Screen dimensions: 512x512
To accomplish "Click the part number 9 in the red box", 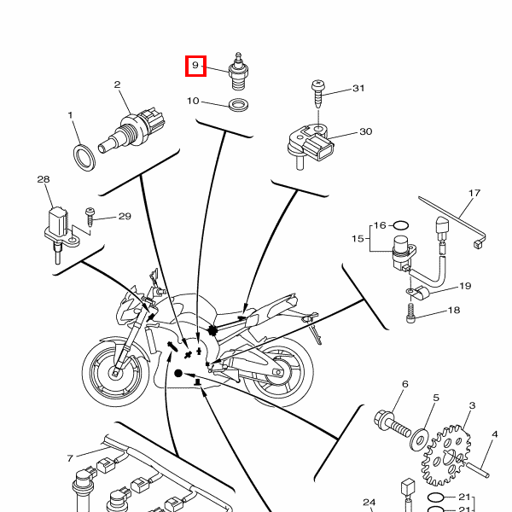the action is click(x=195, y=66).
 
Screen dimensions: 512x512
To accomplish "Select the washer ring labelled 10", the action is click(x=238, y=104).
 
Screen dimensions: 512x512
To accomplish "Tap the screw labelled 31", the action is click(x=318, y=94).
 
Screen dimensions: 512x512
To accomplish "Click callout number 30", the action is click(x=366, y=131).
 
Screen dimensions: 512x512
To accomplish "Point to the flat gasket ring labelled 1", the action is click(x=84, y=158).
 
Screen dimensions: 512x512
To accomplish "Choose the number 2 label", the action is click(x=117, y=84).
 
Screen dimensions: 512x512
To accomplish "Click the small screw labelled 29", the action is click(x=90, y=217).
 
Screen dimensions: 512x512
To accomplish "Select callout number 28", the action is click(x=44, y=179).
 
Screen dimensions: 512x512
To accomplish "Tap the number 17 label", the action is click(x=474, y=193).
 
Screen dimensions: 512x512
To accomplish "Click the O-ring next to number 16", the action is click(x=401, y=225).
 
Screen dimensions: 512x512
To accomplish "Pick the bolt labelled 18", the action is click(x=410, y=313).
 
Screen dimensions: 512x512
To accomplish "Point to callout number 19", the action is click(x=465, y=286).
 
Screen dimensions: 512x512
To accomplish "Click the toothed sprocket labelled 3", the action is click(x=446, y=456).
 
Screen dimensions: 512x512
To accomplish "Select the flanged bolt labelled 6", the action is click(x=392, y=424).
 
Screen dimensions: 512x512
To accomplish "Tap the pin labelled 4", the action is click(x=478, y=469).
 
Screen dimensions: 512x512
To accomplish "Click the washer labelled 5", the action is click(x=420, y=439).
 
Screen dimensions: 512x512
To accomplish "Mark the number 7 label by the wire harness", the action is click(x=70, y=458).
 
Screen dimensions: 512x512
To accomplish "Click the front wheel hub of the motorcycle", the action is click(x=115, y=373).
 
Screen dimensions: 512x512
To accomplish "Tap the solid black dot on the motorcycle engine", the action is click(x=178, y=373).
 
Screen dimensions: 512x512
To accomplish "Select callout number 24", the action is click(x=369, y=503).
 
